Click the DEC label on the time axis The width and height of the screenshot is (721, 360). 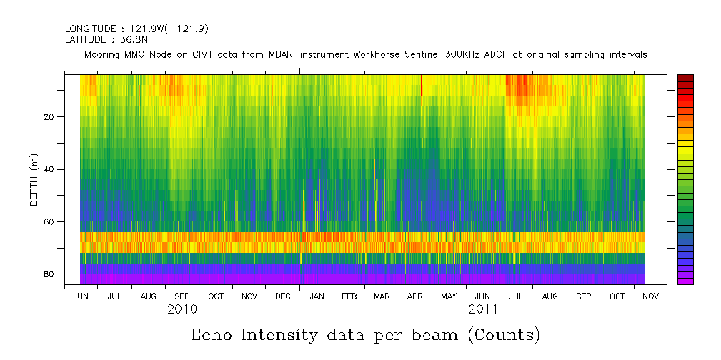[282, 296]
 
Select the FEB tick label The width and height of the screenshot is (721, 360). [349, 296]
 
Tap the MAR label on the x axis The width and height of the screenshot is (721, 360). [382, 296]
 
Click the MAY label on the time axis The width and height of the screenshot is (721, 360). [449, 296]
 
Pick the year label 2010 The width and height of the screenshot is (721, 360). [182, 310]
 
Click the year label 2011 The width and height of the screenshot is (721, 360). [483, 310]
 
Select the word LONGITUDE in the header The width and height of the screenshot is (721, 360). [90, 29]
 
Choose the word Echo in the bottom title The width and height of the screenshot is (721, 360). [212, 335]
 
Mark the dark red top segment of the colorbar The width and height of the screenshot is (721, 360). [685, 77]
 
